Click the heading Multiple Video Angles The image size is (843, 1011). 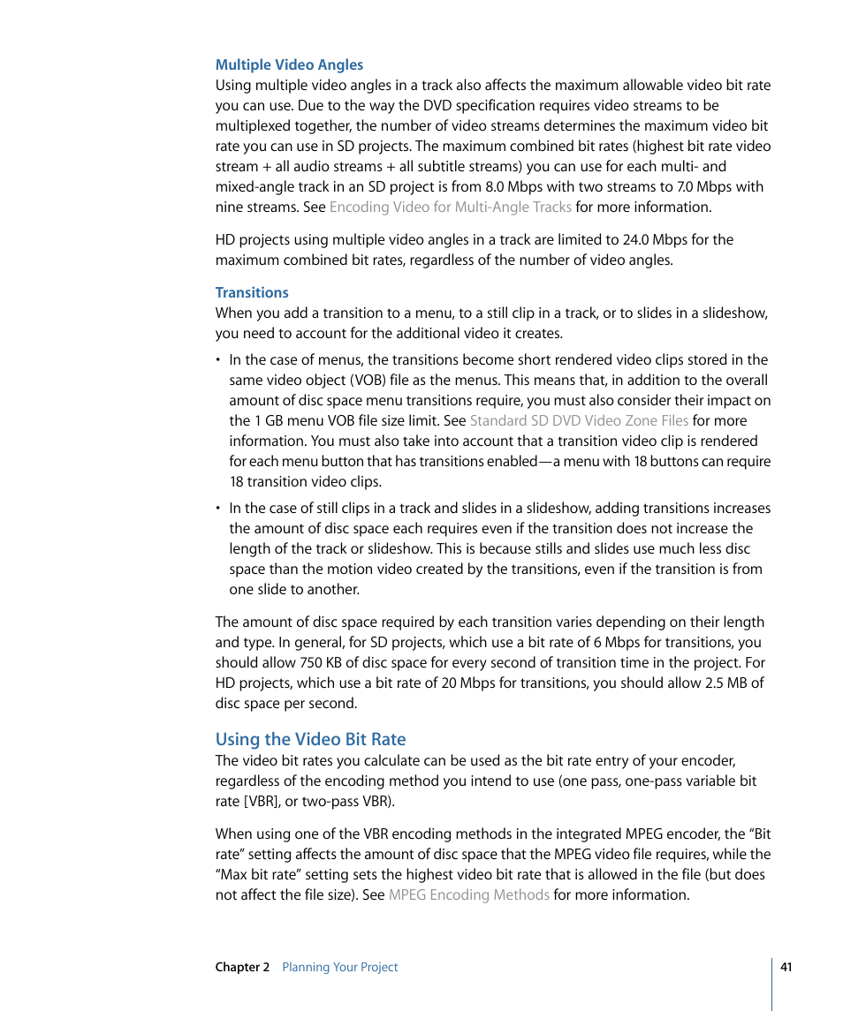tap(289, 64)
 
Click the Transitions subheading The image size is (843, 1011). tap(252, 292)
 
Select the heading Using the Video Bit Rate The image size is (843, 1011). tap(310, 739)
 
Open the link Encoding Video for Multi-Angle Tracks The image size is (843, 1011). tap(450, 207)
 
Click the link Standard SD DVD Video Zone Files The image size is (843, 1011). tap(579, 421)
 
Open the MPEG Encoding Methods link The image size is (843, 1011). tap(468, 895)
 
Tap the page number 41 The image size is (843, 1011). tap(786, 967)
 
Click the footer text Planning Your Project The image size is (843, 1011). tap(339, 968)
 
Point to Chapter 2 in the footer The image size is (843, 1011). tap(242, 968)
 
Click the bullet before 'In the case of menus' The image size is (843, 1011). tap(219, 360)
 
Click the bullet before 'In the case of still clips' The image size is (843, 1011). tap(219, 509)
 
